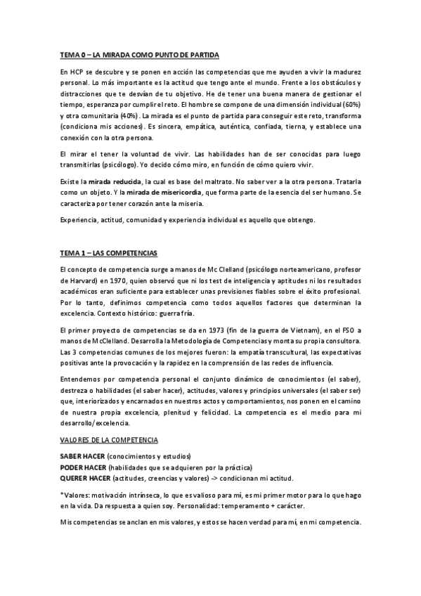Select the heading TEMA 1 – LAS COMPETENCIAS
pyautogui.click(x=109, y=252)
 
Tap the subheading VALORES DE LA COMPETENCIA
pyautogui.click(x=109, y=439)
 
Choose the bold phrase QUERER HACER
pyautogui.click(x=85, y=478)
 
